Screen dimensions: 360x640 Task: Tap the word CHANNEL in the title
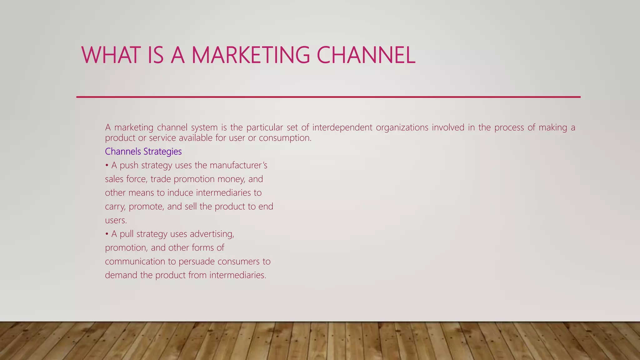click(366, 55)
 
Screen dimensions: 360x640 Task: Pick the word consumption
click(285, 138)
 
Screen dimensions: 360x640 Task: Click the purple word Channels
click(123, 152)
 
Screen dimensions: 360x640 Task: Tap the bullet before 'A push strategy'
click(107, 165)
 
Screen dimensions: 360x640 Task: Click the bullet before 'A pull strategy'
click(107, 234)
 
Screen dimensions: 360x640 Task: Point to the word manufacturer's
click(238, 165)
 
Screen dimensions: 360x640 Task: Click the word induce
click(180, 193)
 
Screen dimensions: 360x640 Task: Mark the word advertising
click(212, 234)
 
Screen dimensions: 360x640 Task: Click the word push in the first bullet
click(129, 166)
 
